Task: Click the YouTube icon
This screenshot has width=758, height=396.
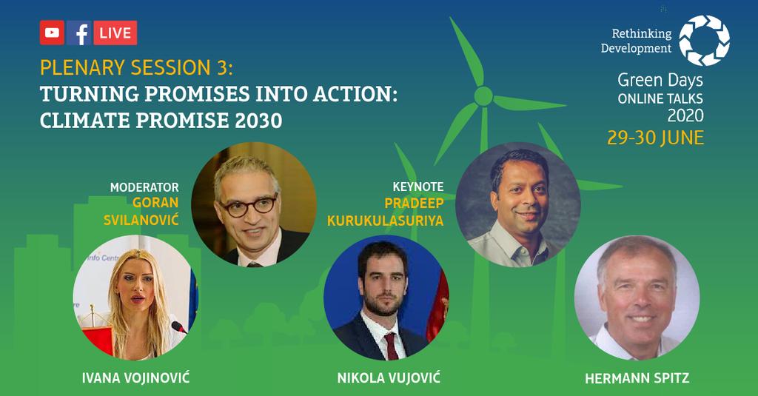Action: pos(52,33)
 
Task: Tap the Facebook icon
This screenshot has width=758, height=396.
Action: pos(78,33)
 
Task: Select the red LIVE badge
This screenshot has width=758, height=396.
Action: pos(115,33)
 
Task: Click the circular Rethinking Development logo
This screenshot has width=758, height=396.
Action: pos(705,40)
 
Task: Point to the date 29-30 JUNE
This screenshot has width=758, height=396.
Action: pos(655,138)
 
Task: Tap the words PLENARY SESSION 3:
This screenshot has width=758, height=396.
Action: pos(136,68)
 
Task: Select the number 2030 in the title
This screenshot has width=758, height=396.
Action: pos(258,121)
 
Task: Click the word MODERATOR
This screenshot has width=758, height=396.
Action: pos(144,187)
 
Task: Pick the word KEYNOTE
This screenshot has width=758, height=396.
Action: pos(418,187)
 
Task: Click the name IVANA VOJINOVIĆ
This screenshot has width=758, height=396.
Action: pos(136,377)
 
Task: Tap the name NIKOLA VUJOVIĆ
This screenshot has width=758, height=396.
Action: pos(389,377)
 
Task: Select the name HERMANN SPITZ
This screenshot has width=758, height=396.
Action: pos(637,378)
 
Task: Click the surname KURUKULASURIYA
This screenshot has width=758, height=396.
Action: pos(385,221)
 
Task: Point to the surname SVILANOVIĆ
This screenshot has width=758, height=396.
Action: pos(141,220)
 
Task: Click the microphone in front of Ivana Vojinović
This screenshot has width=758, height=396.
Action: pos(179,327)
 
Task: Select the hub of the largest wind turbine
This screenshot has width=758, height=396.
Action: pos(483,96)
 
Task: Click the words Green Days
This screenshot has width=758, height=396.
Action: pos(660,80)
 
